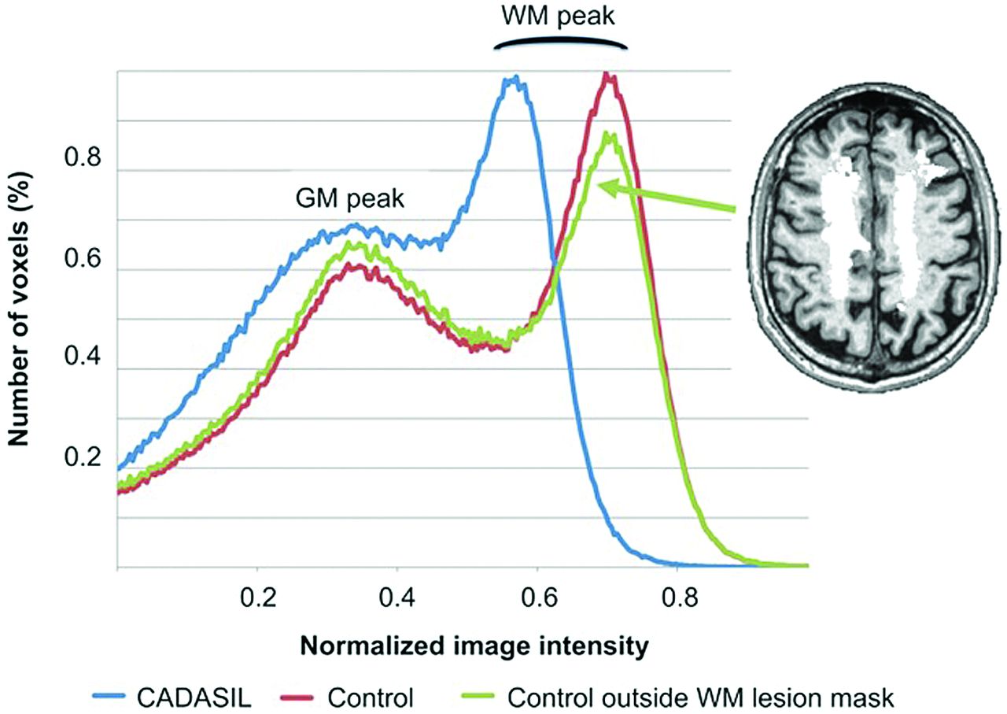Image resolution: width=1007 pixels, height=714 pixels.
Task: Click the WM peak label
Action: (x=558, y=17)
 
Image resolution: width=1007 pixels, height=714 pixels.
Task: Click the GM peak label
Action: (x=350, y=199)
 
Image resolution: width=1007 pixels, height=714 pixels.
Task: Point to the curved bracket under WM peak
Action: (x=560, y=42)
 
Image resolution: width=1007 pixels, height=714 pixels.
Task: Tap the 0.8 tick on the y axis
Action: (x=83, y=158)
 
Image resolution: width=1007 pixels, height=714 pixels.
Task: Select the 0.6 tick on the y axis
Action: (x=83, y=259)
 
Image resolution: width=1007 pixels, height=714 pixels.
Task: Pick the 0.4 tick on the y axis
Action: (x=83, y=357)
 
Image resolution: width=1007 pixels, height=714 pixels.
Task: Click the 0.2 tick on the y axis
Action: (x=83, y=457)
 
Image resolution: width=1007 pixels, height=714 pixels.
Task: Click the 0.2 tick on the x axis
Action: (x=257, y=598)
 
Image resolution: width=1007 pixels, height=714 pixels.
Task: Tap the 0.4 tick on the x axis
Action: (x=397, y=598)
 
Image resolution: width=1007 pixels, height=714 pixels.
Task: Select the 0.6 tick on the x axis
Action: (x=539, y=598)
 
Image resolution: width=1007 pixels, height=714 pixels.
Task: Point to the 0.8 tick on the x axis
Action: (x=679, y=598)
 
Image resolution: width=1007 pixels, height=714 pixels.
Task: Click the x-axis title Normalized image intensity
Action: (x=474, y=647)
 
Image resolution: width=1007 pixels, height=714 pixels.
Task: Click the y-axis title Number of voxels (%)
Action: (x=19, y=310)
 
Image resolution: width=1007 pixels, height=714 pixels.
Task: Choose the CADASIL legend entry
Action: (x=172, y=697)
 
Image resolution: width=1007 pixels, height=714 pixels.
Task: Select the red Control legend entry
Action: (x=347, y=697)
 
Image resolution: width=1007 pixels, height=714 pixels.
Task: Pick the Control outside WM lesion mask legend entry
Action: (x=678, y=697)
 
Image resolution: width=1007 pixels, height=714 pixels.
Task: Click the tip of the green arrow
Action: (x=597, y=184)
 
